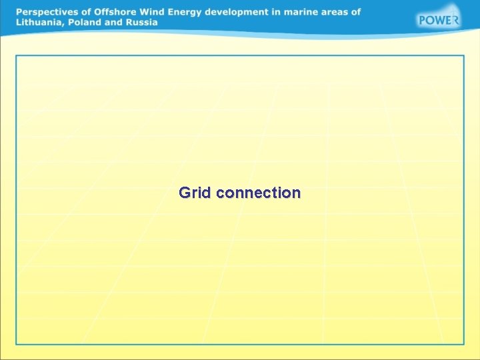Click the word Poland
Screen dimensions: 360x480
point(83,22)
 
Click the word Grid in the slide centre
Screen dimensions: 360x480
point(195,193)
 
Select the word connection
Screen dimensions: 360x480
point(259,193)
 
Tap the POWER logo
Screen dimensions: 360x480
point(438,19)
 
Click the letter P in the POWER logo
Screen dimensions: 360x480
point(423,20)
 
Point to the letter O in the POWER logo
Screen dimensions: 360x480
point(431,20)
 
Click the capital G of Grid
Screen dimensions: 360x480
point(185,193)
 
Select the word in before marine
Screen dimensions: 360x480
point(287,12)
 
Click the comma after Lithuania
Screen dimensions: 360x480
point(63,24)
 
